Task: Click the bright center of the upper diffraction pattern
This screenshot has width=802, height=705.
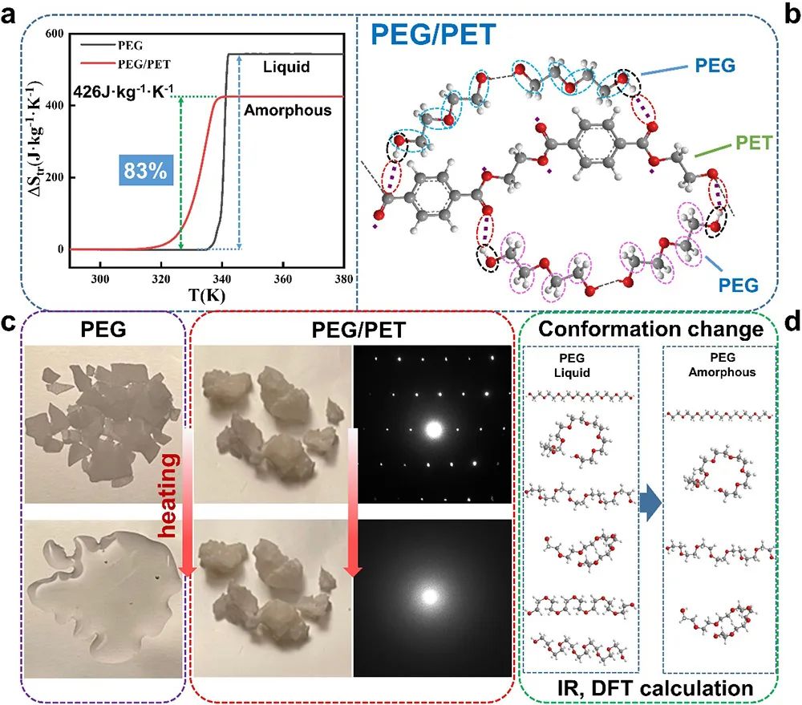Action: [x=433, y=429]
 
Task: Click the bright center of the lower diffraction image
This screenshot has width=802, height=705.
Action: [x=431, y=597]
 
